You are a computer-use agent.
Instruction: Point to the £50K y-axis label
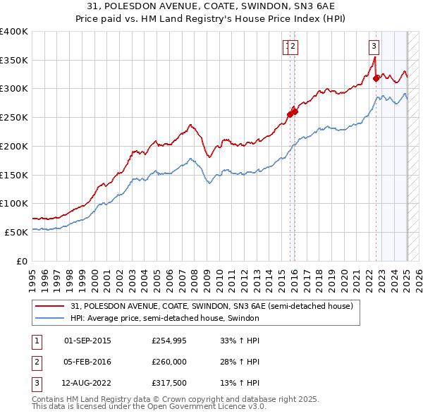click(17, 232)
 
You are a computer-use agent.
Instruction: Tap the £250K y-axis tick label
click(14, 118)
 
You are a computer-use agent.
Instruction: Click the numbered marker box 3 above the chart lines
click(373, 47)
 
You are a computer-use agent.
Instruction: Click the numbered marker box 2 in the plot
click(293, 47)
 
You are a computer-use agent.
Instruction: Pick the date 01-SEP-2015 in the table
click(87, 341)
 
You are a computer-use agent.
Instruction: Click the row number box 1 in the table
click(36, 341)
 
